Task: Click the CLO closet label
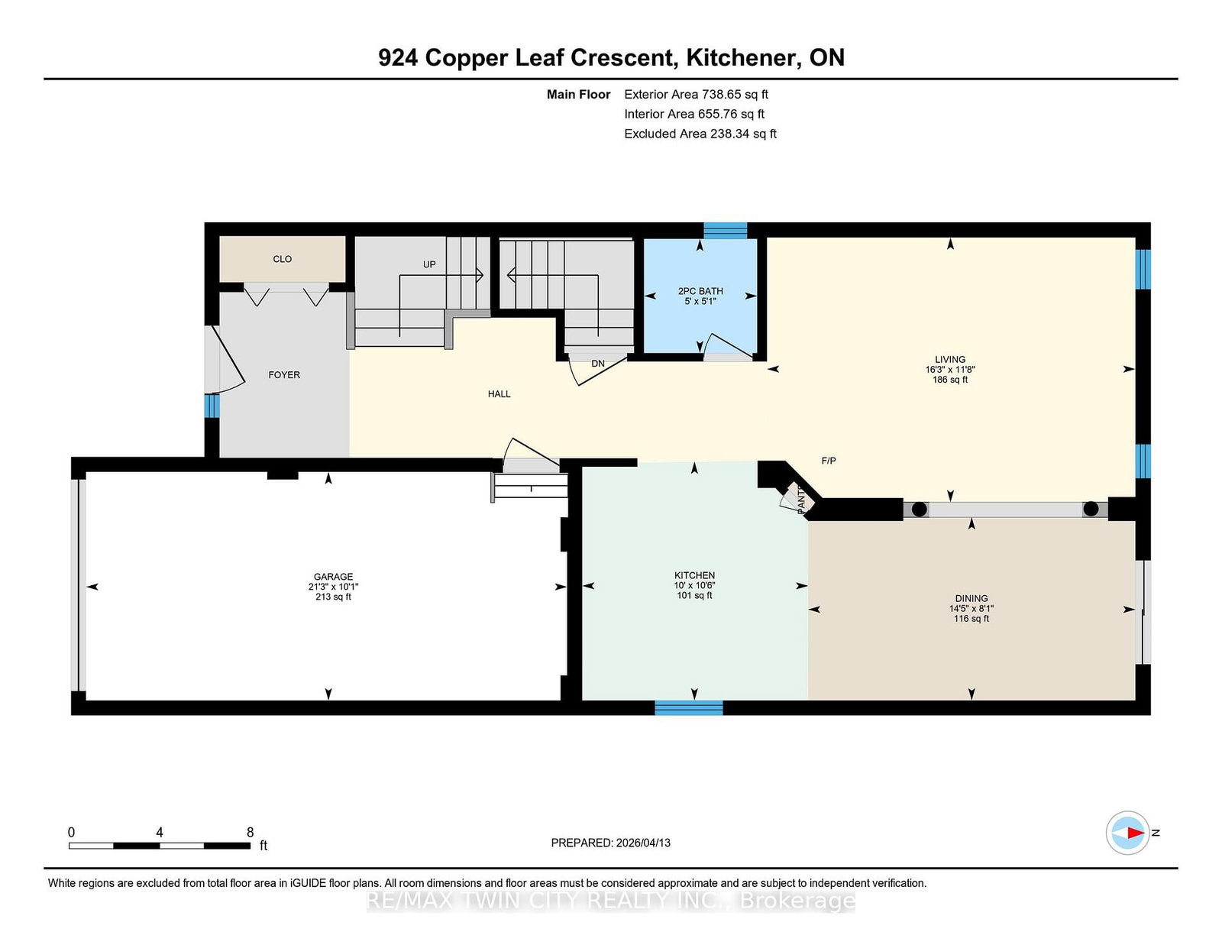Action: (282, 259)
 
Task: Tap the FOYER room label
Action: (284, 375)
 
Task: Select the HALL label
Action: (499, 394)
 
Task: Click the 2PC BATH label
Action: (700, 291)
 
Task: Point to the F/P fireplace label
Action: (829, 461)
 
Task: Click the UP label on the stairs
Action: (429, 264)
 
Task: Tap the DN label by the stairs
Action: (598, 364)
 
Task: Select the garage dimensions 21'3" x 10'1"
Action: (333, 587)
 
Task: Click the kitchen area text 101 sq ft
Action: (694, 595)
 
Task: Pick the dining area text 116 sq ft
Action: (971, 619)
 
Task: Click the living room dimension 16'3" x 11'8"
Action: (950, 369)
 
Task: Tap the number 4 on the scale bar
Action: (160, 832)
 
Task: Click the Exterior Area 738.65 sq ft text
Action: (696, 95)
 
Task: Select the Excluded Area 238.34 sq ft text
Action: (700, 134)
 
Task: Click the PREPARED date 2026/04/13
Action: (610, 843)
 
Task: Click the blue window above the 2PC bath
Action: (725, 230)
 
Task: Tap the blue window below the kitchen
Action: (688, 707)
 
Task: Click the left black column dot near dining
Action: (920, 509)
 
